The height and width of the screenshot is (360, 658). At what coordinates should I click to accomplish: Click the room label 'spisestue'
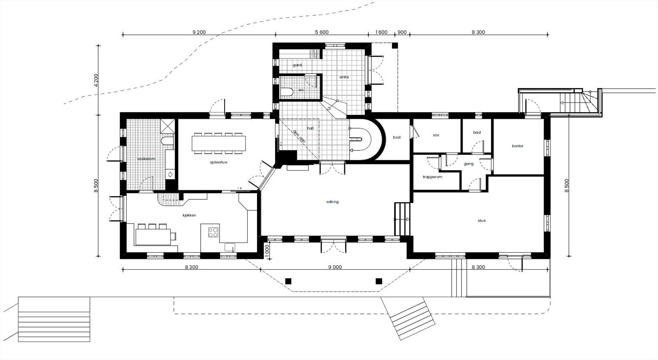click(218, 162)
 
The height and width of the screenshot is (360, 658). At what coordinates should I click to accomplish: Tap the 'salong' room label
click(332, 202)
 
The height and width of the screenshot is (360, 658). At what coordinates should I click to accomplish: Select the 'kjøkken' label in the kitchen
click(189, 215)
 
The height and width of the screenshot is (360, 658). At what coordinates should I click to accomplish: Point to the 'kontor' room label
click(517, 146)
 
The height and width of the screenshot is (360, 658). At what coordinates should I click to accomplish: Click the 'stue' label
click(482, 221)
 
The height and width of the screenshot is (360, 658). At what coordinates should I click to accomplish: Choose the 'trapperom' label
click(432, 177)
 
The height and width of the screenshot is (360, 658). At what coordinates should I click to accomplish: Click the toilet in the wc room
click(287, 91)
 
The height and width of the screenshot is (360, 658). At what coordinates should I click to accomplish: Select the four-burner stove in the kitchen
click(213, 232)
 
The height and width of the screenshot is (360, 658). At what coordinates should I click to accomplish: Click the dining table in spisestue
click(218, 143)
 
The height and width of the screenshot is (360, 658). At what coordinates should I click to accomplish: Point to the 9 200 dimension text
click(198, 32)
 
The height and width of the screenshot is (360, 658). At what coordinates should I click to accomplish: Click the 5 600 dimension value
click(322, 32)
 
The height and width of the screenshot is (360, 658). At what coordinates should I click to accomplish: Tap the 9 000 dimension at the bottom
click(335, 268)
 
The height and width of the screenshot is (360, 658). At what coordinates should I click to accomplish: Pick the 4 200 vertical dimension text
click(96, 80)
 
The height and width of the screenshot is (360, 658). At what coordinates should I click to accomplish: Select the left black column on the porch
click(288, 281)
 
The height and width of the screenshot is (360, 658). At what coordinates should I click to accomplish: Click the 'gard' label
click(297, 65)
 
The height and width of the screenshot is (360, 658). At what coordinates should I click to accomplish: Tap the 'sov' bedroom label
click(436, 135)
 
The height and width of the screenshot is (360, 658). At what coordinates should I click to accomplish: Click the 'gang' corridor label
click(468, 164)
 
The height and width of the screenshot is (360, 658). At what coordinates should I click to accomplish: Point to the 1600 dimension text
click(381, 32)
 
